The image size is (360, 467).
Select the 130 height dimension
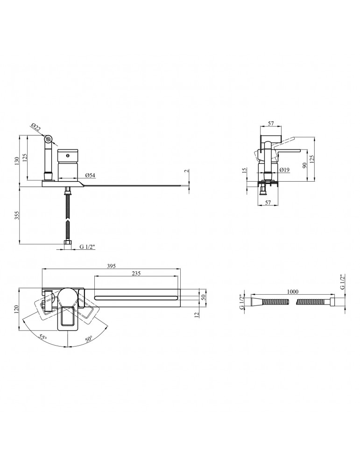point(16,161)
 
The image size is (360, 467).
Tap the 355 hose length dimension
point(16,215)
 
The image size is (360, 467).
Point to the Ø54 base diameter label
point(90,176)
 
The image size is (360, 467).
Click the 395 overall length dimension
point(111,266)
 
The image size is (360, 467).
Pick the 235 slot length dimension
point(136,273)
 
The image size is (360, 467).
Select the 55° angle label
point(42,338)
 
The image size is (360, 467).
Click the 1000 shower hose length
point(293,292)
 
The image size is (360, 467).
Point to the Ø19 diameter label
point(285,170)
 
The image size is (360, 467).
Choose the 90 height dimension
point(304,165)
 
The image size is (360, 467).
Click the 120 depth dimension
point(16,309)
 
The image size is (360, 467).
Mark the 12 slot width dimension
point(196,314)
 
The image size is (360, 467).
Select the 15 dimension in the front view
point(245,170)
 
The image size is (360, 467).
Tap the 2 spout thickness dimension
point(186,171)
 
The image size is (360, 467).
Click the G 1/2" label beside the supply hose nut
point(87,247)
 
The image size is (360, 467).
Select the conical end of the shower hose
point(255,302)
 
